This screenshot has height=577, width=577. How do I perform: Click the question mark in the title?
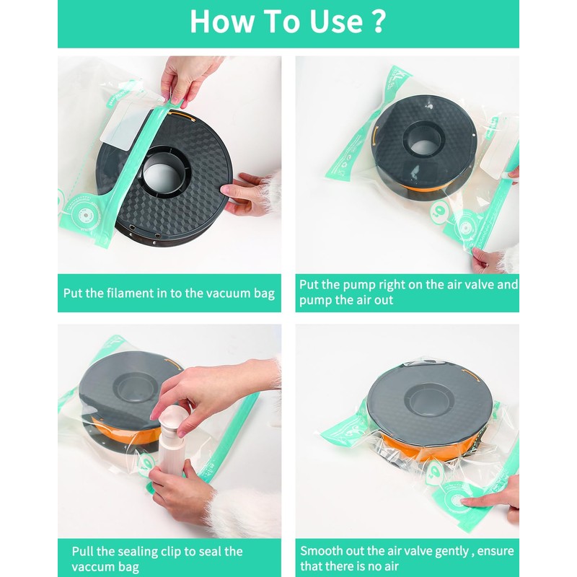click(378, 22)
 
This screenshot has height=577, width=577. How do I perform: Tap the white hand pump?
click(172, 438)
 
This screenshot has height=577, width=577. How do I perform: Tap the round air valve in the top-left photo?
click(85, 214)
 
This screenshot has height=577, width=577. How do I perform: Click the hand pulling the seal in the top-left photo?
click(187, 80)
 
